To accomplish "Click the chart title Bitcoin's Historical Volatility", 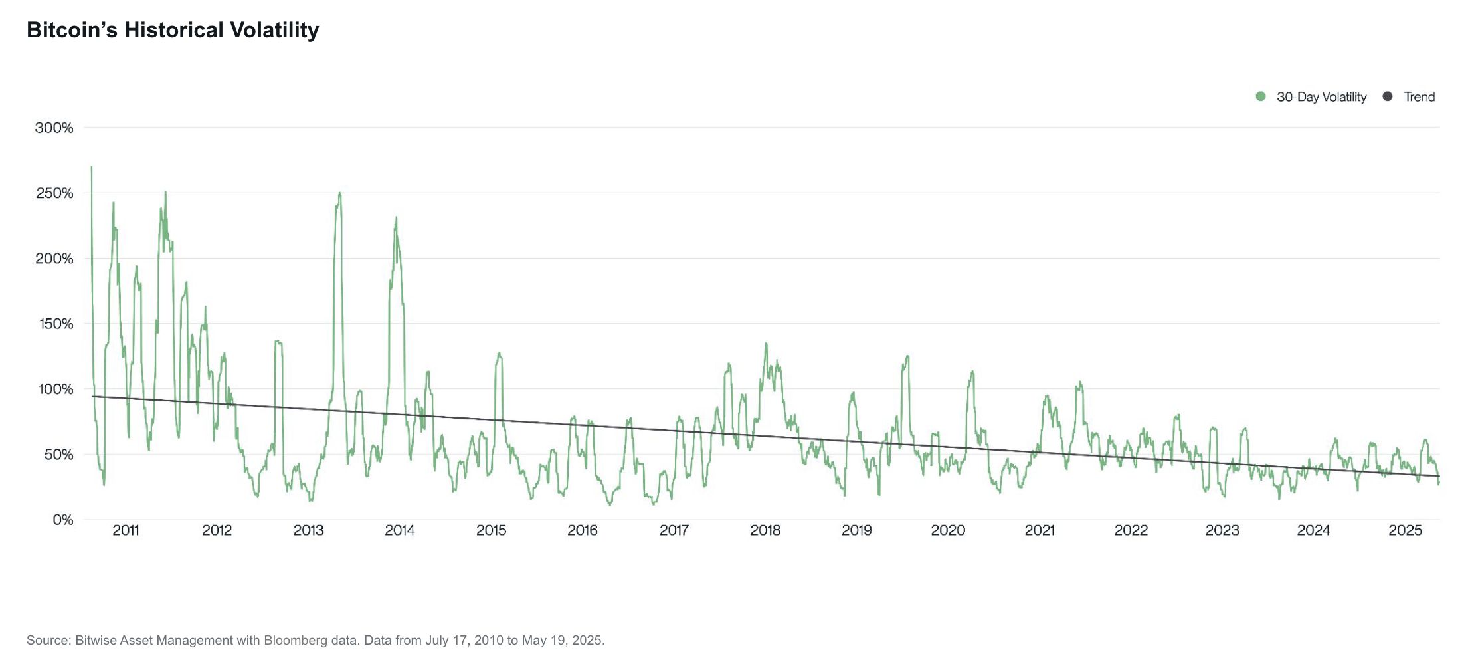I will [173, 30].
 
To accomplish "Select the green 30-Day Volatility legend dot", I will [1261, 96].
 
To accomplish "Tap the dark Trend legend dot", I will [1387, 96].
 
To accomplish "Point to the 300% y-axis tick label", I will [54, 128].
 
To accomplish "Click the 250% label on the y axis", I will [54, 193].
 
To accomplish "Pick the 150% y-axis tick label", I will [54, 324].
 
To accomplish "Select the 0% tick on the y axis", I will [63, 520].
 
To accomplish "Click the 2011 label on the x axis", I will [126, 530].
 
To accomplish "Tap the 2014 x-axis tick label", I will [400, 530].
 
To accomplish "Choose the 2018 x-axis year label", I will [765, 530].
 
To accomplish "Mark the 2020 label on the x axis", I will [948, 530].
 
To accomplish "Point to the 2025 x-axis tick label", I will [1405, 530].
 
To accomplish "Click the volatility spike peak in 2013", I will [339, 193].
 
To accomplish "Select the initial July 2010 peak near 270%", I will [92, 167].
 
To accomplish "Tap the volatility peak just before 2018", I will [766, 344].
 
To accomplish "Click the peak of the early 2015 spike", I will [499, 353].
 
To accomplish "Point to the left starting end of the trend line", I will [93, 397].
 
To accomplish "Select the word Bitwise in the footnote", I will [96, 641].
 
